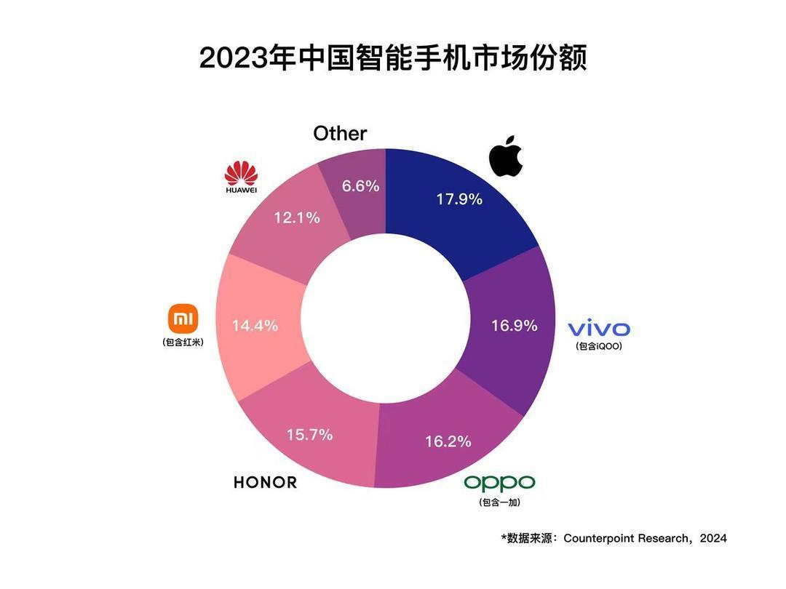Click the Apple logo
pos(507,156)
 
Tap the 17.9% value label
pos(459,199)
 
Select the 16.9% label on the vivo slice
pos(515,325)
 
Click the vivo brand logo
pos(599,328)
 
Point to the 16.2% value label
pos(448,441)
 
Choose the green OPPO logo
pos(499,482)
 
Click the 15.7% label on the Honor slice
pos(309,435)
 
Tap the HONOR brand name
pos(266,482)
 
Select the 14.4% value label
pos(255,326)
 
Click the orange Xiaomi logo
pos(183,318)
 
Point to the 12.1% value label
pos(296,217)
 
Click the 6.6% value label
pos(361,186)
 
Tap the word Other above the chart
pos(340,134)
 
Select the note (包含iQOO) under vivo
pos(599,347)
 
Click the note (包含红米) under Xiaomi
pos(183,342)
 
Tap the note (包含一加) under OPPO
pos(499,502)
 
